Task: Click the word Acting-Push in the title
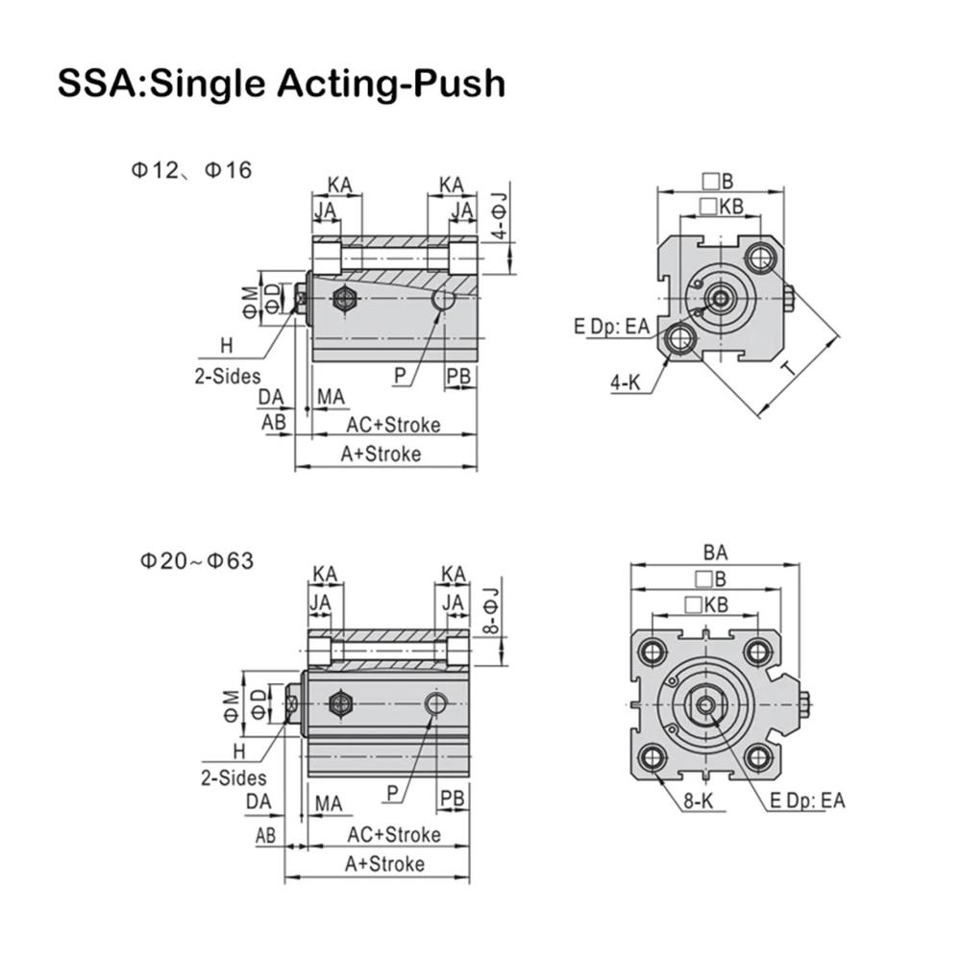(391, 84)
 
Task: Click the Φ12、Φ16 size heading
(191, 170)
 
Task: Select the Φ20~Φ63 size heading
(197, 561)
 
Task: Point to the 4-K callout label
(625, 383)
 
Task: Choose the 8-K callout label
(699, 801)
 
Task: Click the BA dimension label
(715, 553)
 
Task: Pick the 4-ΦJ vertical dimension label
(501, 215)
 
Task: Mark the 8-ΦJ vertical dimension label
(491, 610)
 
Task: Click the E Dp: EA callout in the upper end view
(611, 326)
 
